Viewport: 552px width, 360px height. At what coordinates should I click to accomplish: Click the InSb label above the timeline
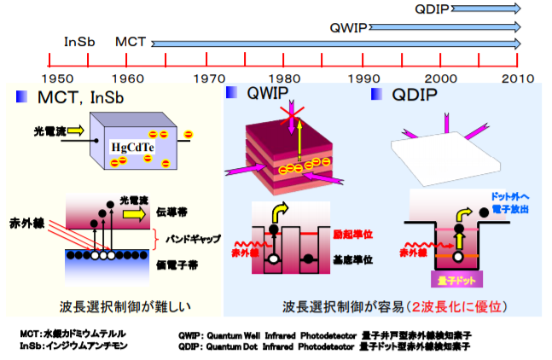pyautogui.click(x=79, y=41)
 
